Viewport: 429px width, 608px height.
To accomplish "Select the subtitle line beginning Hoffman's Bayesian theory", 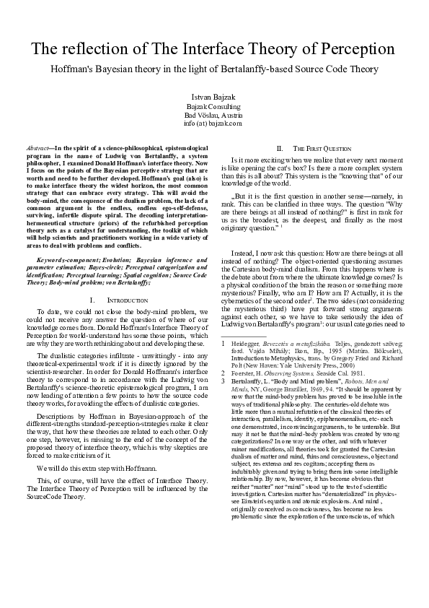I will [214, 69].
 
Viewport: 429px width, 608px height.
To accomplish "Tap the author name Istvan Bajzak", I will [214, 96].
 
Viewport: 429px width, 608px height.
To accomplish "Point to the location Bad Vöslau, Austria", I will [214, 114].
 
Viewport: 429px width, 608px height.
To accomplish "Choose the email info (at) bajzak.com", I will [214, 123].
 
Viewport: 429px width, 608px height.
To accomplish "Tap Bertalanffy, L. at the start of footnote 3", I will [252, 399].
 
